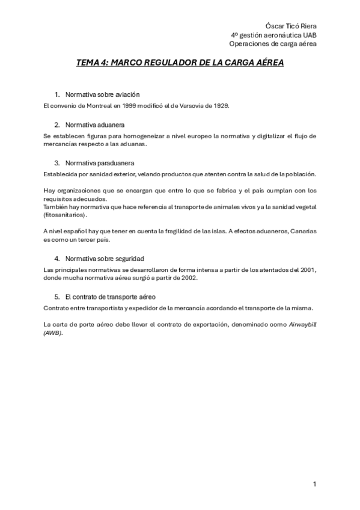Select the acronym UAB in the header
pyautogui.click(x=310, y=35)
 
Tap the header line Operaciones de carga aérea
pyautogui.click(x=273, y=43)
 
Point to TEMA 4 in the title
pyautogui.click(x=93, y=62)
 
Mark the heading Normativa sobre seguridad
pyautogui.click(x=105, y=259)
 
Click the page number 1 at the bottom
pyautogui.click(x=314, y=484)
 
